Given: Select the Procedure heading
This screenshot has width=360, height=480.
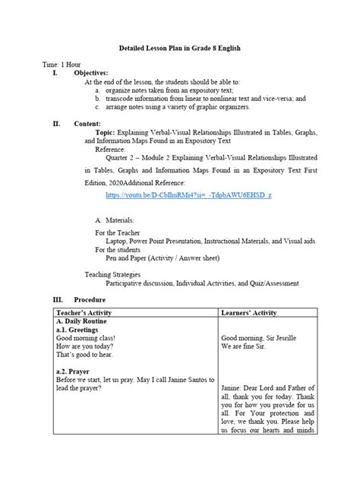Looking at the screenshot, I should pyautogui.click(x=92, y=300).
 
